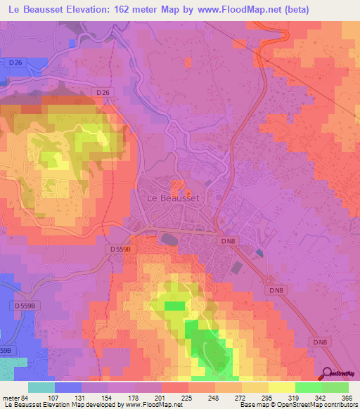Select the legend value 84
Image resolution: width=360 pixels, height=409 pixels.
(x=25, y=398)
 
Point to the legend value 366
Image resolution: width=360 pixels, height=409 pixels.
(x=347, y=398)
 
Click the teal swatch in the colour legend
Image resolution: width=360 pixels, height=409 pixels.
(x=41, y=387)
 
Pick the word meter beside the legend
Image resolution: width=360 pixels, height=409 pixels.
(x=9, y=398)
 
